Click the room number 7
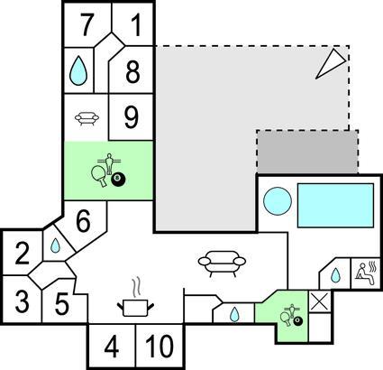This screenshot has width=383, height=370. (x=87, y=24)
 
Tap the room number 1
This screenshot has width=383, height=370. (x=135, y=24)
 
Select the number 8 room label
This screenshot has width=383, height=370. (x=132, y=72)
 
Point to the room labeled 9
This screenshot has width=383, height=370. (x=132, y=117)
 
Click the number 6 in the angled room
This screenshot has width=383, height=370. (x=83, y=221)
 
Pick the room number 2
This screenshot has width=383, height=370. (x=23, y=254)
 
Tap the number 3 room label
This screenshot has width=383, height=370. (x=23, y=301)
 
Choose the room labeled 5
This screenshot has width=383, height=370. (x=62, y=304)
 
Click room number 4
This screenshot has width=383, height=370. (x=112, y=347)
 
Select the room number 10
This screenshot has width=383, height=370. (x=160, y=347)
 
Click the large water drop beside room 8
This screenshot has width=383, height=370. (x=78, y=70)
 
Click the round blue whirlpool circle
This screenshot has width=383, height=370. (x=278, y=201)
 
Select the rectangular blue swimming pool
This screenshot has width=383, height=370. (x=335, y=206)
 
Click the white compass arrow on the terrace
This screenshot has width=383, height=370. (x=331, y=64)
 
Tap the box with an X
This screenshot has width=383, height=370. (x=320, y=301)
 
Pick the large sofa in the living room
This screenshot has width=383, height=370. (x=222, y=264)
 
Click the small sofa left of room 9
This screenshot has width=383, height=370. (x=87, y=118)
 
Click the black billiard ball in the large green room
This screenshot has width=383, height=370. (x=118, y=180)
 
